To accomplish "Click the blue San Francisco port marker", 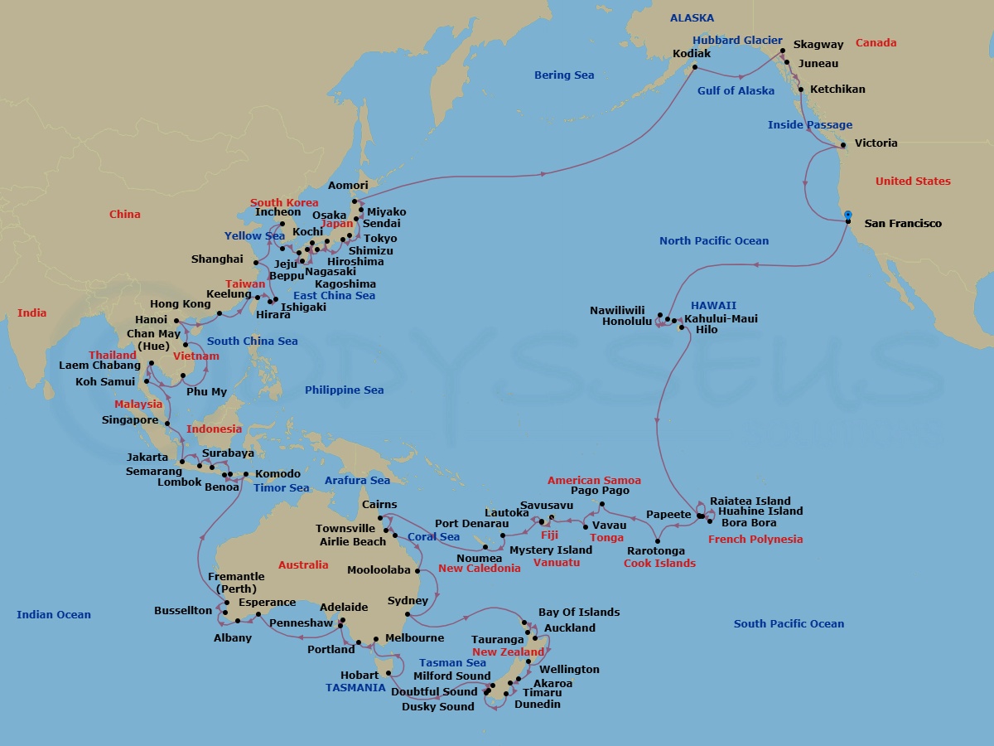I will [x=847, y=215].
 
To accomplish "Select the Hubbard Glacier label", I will [x=737, y=40].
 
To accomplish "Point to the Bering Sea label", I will [x=564, y=75].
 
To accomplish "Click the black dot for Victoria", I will [x=842, y=145].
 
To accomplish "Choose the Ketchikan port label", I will [x=837, y=90].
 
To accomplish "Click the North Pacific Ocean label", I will [x=714, y=241].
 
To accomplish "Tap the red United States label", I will [x=913, y=182].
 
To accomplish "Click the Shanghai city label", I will [x=217, y=259].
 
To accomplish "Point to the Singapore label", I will [x=130, y=420].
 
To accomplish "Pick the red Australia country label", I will [x=303, y=565].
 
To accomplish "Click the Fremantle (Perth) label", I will [x=236, y=583].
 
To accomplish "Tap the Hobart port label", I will [x=359, y=676].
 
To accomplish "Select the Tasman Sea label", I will [x=452, y=663].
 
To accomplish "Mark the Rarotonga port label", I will [x=655, y=551].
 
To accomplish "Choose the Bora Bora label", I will [x=749, y=524].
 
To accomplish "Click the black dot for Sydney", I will [x=408, y=615].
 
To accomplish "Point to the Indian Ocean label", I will [x=54, y=615].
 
